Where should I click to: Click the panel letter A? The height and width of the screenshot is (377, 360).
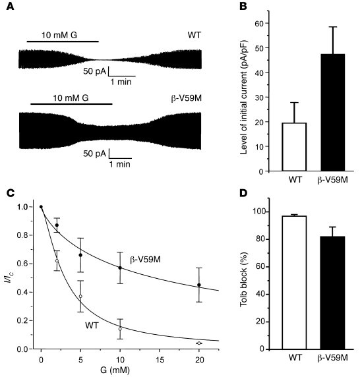coord(10,7)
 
